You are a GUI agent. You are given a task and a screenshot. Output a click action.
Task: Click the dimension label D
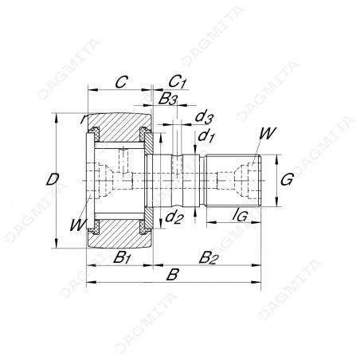click(53, 179)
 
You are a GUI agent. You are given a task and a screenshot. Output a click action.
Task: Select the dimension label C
click(122, 82)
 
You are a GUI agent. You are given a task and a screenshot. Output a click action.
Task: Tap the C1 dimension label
click(177, 81)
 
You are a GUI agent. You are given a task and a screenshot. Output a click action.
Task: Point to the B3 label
click(168, 100)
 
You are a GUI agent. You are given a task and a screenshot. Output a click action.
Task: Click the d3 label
click(204, 117)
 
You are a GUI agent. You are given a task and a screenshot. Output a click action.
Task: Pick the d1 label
click(206, 136)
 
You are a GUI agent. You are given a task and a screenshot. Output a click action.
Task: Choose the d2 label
click(174, 217)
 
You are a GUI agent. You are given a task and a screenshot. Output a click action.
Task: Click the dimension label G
click(287, 179)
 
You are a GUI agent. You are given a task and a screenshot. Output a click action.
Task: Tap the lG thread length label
click(240, 215)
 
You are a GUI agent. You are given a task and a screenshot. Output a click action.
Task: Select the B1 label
click(122, 257)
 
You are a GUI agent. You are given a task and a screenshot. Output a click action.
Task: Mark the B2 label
click(209, 257)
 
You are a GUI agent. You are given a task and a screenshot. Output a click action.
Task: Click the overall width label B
click(172, 274)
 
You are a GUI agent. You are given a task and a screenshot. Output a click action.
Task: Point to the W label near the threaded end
click(268, 133)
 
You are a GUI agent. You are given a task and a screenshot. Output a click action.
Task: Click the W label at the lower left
click(78, 225)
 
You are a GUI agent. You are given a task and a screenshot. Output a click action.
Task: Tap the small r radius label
click(83, 119)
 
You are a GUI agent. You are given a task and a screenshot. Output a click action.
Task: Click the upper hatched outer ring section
click(119, 126)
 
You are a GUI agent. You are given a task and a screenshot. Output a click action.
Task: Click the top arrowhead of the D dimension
click(56, 118)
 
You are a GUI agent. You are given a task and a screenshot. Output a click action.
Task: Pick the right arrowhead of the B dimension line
click(256, 282)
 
